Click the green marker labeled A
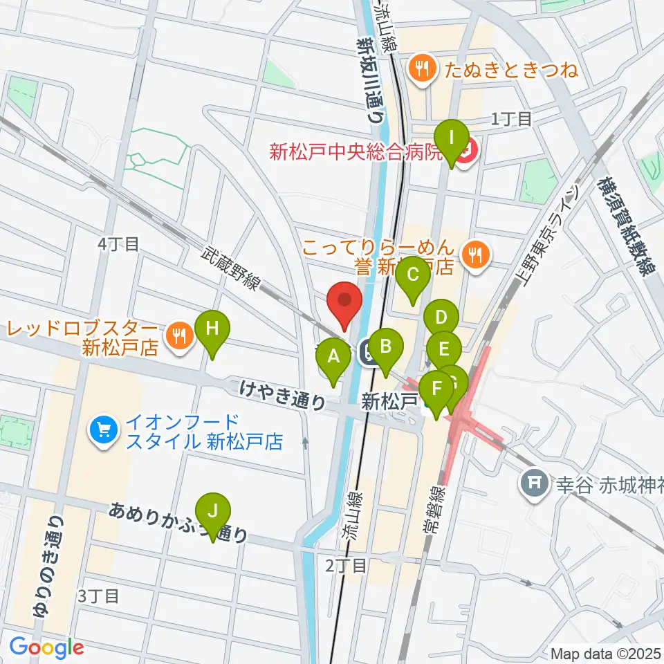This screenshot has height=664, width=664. [x=333, y=358]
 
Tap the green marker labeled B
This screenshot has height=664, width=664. [x=386, y=344]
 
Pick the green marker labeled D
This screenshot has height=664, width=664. [x=441, y=320]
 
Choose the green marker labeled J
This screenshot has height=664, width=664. [x=212, y=513]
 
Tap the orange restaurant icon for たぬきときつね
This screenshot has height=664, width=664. [x=421, y=68]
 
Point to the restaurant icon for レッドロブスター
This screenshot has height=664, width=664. [x=180, y=336]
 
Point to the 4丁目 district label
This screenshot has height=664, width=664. [x=118, y=243]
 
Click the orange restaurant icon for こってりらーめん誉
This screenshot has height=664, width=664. [x=475, y=252]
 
